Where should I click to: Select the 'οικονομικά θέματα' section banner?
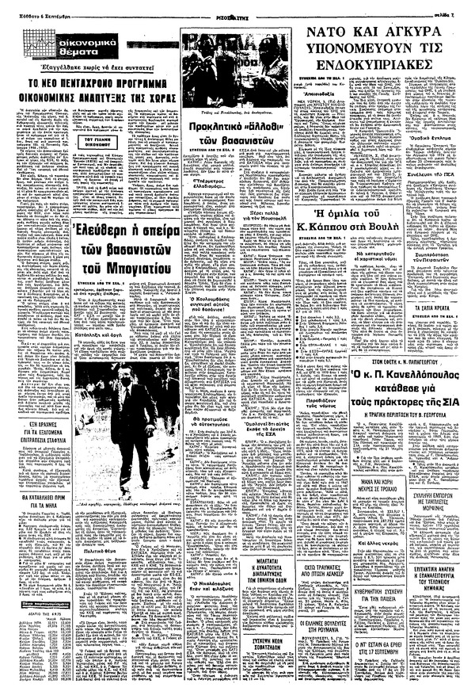click(45, 29)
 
